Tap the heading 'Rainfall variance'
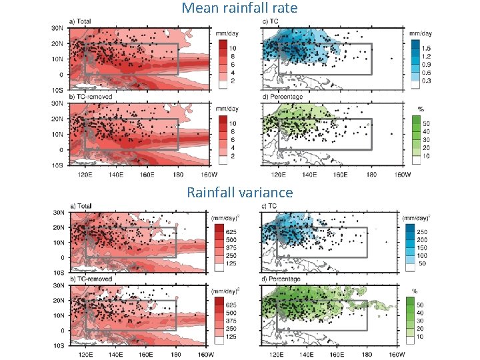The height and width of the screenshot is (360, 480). pyautogui.click(x=239, y=193)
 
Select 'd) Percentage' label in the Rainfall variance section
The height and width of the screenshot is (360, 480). pyautogui.click(x=284, y=279)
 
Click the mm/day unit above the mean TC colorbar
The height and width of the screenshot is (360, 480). pyautogui.click(x=419, y=32)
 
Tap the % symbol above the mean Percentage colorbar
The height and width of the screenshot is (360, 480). pyautogui.click(x=420, y=108)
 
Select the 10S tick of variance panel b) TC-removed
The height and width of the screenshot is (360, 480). pyautogui.click(x=58, y=346)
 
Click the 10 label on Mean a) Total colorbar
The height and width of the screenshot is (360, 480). pyautogui.click(x=232, y=48)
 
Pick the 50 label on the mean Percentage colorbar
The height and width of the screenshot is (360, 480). pyautogui.click(x=427, y=123)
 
